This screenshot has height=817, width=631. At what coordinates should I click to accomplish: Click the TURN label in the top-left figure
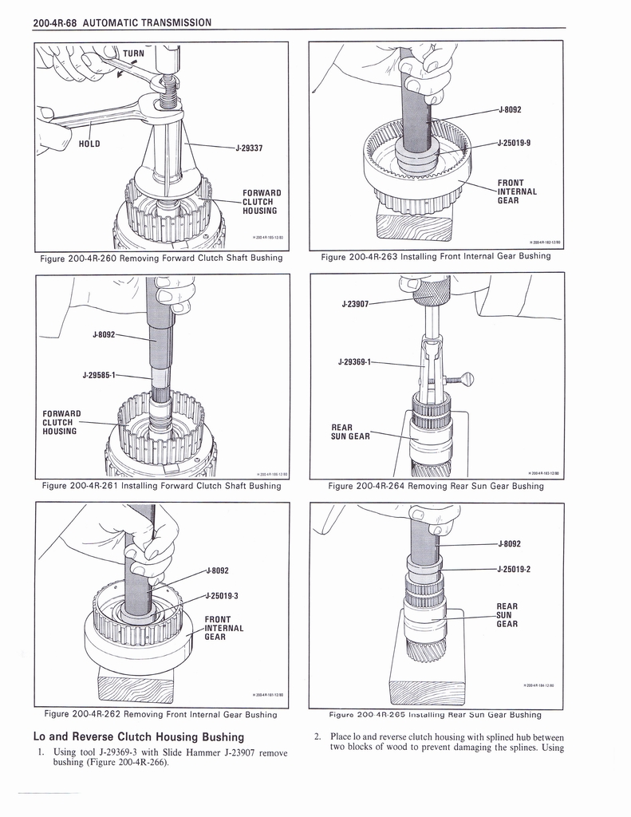[134, 53]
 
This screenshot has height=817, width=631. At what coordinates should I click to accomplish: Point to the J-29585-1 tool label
[100, 374]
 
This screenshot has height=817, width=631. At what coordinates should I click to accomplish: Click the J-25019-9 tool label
[514, 144]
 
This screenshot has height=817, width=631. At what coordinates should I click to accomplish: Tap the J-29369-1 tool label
[356, 362]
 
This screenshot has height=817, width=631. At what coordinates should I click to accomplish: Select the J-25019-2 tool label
[514, 569]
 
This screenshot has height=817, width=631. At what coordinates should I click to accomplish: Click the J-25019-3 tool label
[223, 595]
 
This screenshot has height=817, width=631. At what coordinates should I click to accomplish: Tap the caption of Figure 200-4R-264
[436, 485]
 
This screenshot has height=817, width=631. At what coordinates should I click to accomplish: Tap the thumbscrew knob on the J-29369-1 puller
[467, 379]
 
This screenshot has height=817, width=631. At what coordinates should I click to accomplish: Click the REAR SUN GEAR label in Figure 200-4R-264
[351, 432]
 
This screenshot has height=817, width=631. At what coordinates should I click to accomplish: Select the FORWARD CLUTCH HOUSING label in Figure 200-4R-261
[61, 422]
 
